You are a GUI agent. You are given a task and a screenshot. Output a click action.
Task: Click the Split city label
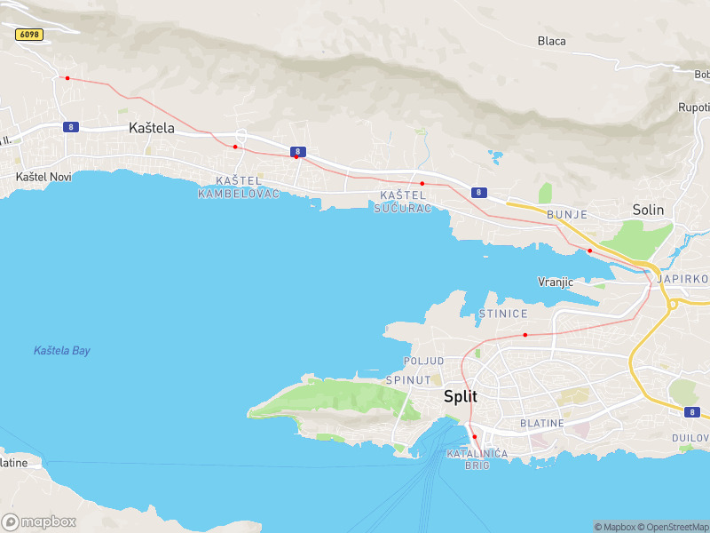click(x=461, y=397)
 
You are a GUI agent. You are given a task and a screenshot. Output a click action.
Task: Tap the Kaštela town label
click(x=152, y=128)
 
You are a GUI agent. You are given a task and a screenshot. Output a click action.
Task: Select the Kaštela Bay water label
click(x=62, y=351)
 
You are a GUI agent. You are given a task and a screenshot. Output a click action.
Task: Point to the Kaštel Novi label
click(x=43, y=177)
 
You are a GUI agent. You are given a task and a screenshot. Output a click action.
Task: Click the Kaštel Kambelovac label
click(x=239, y=187)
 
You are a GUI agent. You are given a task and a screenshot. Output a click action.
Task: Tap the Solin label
click(x=648, y=210)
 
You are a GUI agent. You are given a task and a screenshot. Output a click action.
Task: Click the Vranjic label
click(x=556, y=282)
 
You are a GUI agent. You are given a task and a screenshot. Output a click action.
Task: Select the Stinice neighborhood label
click(x=503, y=314)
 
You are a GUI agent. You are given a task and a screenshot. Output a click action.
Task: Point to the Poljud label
click(x=423, y=362)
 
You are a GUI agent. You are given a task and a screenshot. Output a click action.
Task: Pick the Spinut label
click(x=408, y=380)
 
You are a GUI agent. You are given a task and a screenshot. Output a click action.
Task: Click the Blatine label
click(x=541, y=424)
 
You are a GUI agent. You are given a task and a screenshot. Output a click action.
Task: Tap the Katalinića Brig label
click(x=477, y=459)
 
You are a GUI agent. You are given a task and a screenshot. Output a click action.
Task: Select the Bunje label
click(x=567, y=215)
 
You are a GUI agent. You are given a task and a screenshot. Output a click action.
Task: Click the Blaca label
click(x=551, y=41)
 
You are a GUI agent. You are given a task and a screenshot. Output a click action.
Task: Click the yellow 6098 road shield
click(x=29, y=34)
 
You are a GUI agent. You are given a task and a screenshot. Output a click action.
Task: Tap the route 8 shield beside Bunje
click(x=478, y=192)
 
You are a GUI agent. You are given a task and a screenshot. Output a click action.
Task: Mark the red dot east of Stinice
click(x=525, y=335)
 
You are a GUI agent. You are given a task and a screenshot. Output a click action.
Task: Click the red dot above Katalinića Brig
click(x=475, y=436)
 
